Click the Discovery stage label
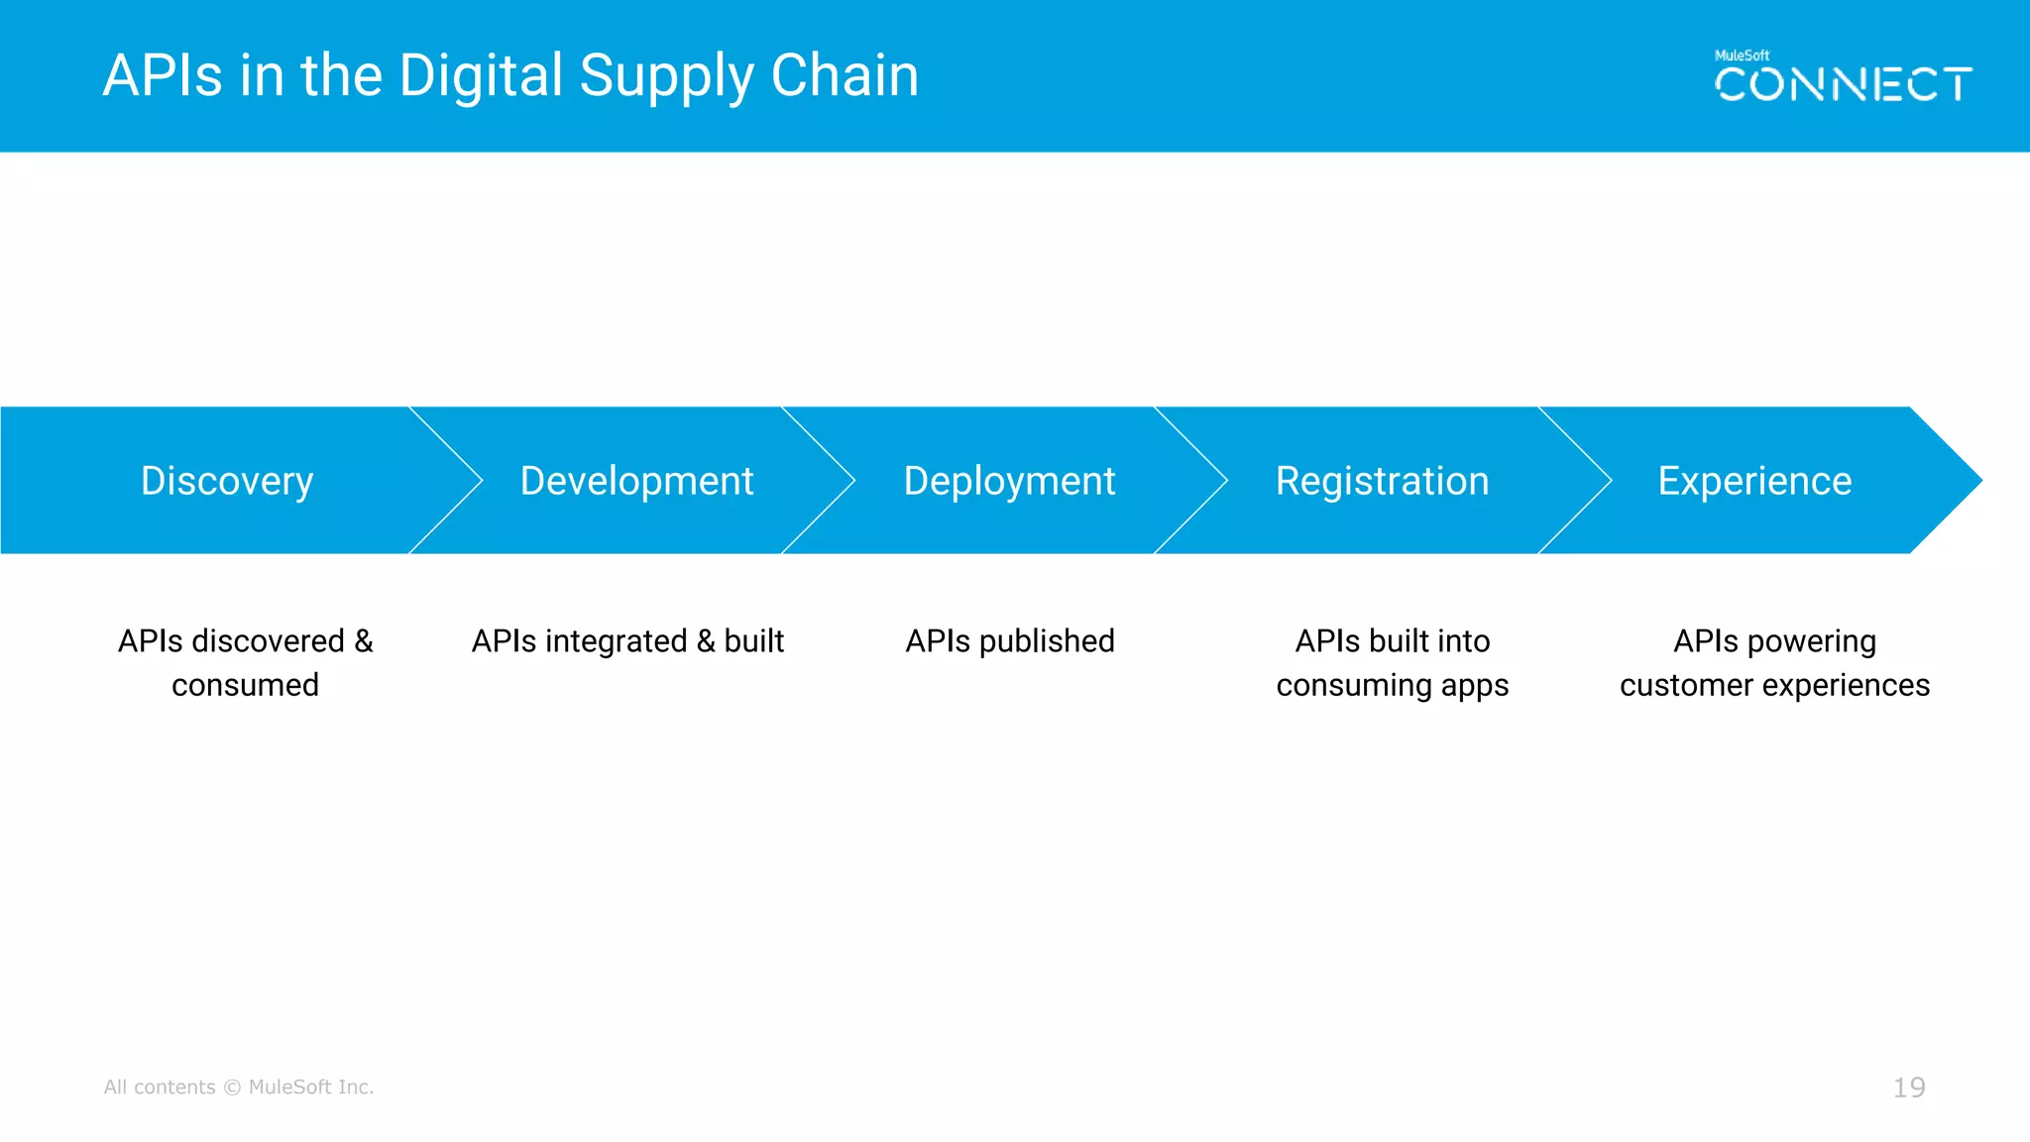click(x=227, y=482)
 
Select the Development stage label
click(x=636, y=482)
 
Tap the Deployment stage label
click(x=1009, y=482)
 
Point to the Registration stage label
click(x=1382, y=482)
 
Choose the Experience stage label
click(x=1754, y=482)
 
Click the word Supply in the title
click(x=665, y=76)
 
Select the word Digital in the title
click(x=481, y=76)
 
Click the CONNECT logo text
click(x=1843, y=85)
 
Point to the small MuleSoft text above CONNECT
click(x=1742, y=56)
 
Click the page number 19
click(x=1909, y=1087)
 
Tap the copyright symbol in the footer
click(x=232, y=1087)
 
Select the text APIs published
click(x=1010, y=641)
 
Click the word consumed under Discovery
click(x=245, y=685)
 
